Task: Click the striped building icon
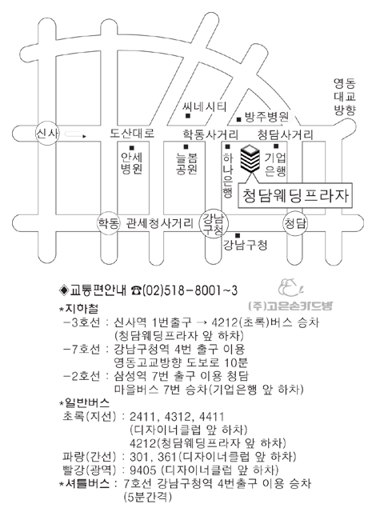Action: click(250, 158)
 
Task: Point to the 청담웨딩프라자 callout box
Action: click(295, 197)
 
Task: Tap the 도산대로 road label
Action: click(132, 134)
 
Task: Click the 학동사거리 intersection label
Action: click(210, 134)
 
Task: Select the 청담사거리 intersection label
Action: click(285, 134)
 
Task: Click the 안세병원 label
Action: click(131, 163)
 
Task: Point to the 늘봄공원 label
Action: click(186, 163)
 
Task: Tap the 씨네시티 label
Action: click(205, 107)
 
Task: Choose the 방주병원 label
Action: click(266, 117)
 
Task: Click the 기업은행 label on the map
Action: click(275, 164)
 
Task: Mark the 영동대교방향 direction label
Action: click(345, 97)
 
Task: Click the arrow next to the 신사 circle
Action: click(76, 134)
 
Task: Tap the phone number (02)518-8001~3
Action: click(190, 290)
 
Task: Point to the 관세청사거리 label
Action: click(159, 224)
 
